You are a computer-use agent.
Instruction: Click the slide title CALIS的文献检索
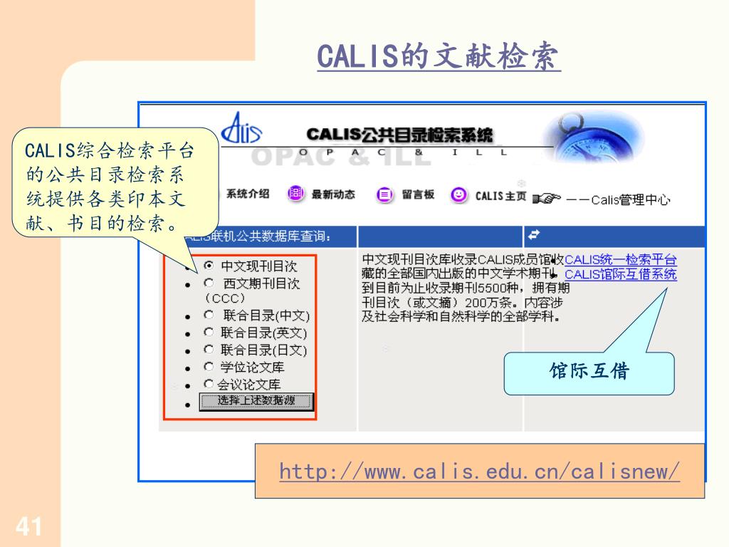pyautogui.click(x=439, y=57)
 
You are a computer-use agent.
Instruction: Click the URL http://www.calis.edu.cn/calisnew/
pyautogui.click(x=479, y=472)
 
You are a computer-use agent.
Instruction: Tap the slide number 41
pyautogui.click(x=28, y=528)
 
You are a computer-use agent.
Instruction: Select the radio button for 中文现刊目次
pyautogui.click(x=209, y=266)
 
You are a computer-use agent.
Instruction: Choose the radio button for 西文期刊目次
pyautogui.click(x=209, y=283)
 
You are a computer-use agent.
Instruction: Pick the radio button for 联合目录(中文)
pyautogui.click(x=209, y=314)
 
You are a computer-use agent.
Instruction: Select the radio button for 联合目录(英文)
pyautogui.click(x=209, y=332)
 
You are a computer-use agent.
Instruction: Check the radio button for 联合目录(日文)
pyautogui.click(x=209, y=349)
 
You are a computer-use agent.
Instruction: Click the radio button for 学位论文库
pyautogui.click(x=209, y=367)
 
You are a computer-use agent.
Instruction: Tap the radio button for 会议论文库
pyautogui.click(x=209, y=384)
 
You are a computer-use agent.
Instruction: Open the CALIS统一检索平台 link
pyautogui.click(x=620, y=260)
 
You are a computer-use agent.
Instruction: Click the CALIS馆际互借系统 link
pyautogui.click(x=620, y=275)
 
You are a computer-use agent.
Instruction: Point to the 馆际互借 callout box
pyautogui.click(x=589, y=373)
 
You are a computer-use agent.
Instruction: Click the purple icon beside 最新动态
pyautogui.click(x=295, y=194)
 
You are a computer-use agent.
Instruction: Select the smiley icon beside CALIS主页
pyautogui.click(x=459, y=194)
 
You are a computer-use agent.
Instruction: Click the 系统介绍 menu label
pyautogui.click(x=248, y=194)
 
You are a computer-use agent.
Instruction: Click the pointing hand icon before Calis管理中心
pyautogui.click(x=546, y=199)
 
